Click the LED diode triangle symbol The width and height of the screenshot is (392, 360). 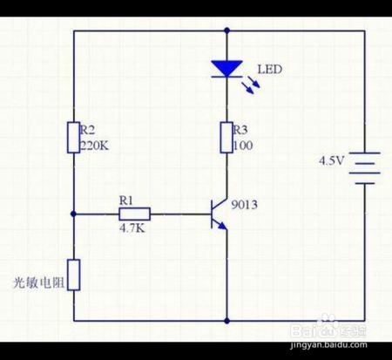click(x=226, y=69)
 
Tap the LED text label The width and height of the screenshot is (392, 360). click(x=270, y=70)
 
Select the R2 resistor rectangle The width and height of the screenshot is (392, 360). click(x=74, y=138)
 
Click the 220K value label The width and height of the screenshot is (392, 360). click(x=94, y=146)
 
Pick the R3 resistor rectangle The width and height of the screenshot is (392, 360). click(x=226, y=138)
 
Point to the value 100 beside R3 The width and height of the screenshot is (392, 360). click(x=243, y=146)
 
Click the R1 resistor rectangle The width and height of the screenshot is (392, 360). click(x=134, y=214)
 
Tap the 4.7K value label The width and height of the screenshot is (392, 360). click(x=132, y=228)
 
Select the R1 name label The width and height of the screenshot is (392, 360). click(x=126, y=200)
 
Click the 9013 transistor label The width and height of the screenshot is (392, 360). click(x=244, y=205)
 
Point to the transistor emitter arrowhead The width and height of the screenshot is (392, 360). click(x=223, y=226)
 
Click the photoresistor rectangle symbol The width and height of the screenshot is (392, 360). click(x=74, y=275)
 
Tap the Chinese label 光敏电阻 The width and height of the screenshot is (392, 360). click(x=38, y=282)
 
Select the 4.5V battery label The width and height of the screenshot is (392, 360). click(x=332, y=160)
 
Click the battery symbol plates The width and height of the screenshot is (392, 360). click(x=364, y=168)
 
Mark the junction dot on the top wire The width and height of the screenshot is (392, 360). click(x=226, y=30)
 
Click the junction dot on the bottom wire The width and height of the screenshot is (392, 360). click(x=226, y=321)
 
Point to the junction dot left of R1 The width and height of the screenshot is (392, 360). click(x=73, y=214)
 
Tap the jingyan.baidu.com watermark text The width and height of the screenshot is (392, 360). click(x=328, y=345)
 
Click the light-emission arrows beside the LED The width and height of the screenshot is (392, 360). click(x=251, y=87)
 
